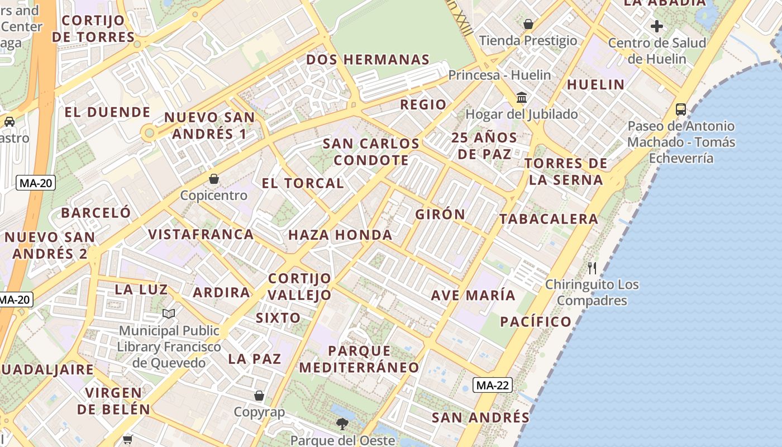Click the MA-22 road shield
click(493, 385)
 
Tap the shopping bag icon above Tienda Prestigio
click(528, 24)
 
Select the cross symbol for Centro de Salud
click(657, 26)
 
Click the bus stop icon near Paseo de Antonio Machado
click(680, 110)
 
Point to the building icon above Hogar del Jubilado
click(522, 97)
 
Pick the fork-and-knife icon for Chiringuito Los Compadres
click(592, 268)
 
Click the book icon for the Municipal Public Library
click(169, 314)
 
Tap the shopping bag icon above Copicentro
click(213, 179)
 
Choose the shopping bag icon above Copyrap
click(259, 396)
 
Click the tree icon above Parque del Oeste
click(342, 424)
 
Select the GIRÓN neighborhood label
click(440, 214)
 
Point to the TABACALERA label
click(549, 219)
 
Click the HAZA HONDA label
click(340, 235)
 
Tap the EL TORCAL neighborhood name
click(303, 183)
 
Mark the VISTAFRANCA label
click(201, 234)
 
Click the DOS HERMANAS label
click(368, 60)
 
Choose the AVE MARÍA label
click(473, 295)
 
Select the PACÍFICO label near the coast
click(536, 321)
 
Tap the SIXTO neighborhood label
click(278, 318)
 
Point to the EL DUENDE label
click(107, 112)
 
